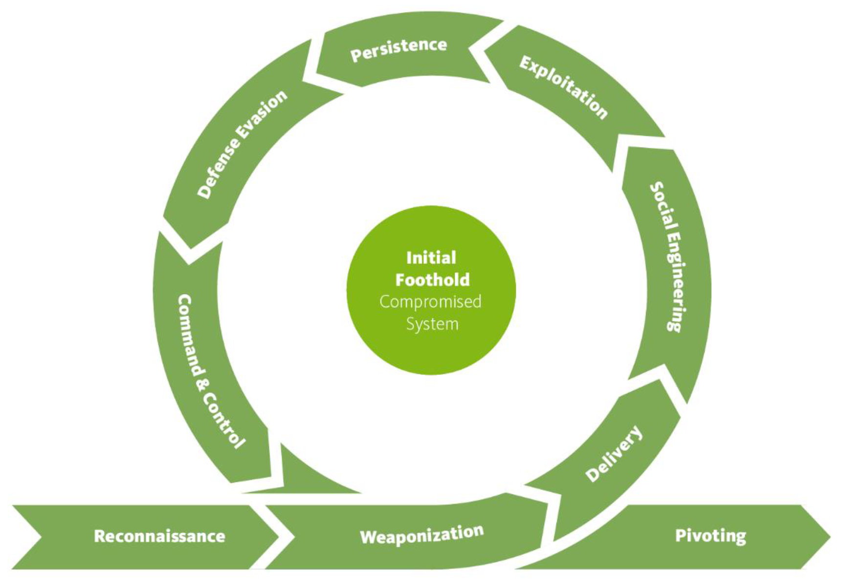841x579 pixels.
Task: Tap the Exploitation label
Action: [563, 87]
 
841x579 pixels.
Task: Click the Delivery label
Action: [614, 453]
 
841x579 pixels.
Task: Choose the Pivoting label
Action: [710, 536]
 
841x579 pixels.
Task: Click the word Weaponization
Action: [421, 536]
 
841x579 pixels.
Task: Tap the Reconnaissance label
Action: [159, 536]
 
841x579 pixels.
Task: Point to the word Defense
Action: [219, 169]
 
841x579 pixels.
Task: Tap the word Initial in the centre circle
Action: [431, 257]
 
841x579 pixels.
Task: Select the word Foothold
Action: [432, 279]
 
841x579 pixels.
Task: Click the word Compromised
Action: [430, 301]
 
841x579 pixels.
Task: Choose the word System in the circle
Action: [432, 323]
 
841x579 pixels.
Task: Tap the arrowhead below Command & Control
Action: [313, 476]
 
